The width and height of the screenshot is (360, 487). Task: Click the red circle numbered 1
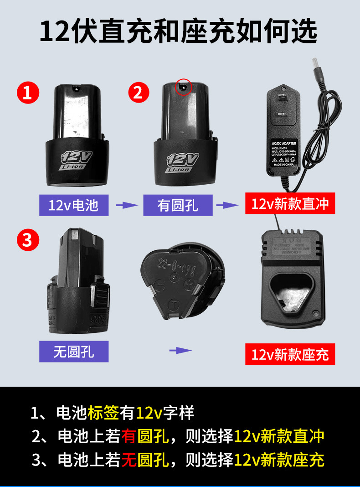click(x=28, y=93)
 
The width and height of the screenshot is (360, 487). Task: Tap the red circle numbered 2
click(x=139, y=93)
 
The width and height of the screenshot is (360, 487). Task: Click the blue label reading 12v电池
click(x=74, y=205)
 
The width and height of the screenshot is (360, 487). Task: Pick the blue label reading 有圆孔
click(x=178, y=205)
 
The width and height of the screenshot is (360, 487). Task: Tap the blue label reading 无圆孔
click(x=74, y=352)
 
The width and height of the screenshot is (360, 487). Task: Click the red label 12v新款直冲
click(x=290, y=203)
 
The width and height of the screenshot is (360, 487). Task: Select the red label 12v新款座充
click(x=290, y=354)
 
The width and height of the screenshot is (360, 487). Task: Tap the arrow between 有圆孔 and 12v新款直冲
click(x=226, y=205)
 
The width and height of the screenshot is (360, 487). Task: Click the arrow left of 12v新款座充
click(x=180, y=350)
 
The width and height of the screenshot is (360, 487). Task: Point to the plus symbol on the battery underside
click(x=187, y=283)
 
